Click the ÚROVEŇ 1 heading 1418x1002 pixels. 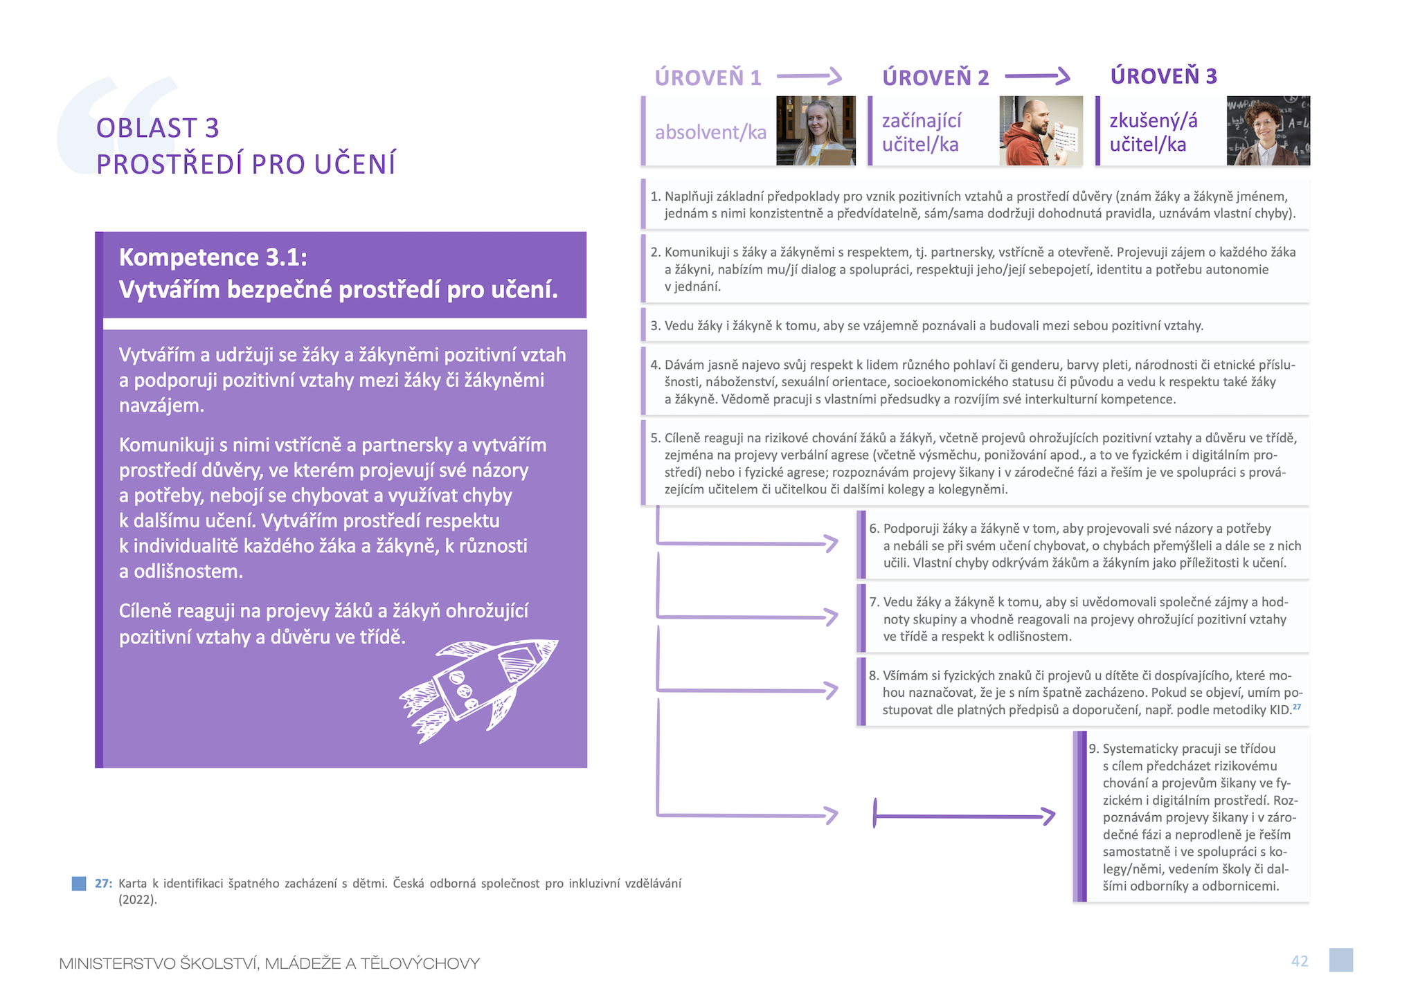[708, 77]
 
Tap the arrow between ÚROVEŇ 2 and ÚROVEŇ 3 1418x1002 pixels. [1037, 76]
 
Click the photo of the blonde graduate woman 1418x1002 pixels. [816, 131]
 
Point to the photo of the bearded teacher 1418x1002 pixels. [1041, 131]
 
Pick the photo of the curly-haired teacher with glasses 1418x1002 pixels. [1268, 131]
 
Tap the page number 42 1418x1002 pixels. [1300, 960]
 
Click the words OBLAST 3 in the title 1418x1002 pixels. [158, 128]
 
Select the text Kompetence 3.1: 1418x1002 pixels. [213, 257]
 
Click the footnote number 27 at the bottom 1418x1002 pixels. [103, 883]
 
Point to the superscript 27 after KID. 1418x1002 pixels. [1297, 707]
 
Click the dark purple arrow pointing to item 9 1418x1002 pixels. [964, 816]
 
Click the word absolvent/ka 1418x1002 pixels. [710, 131]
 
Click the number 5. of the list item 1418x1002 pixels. [656, 438]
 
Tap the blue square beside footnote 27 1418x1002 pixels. [79, 883]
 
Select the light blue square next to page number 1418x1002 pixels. [1341, 960]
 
